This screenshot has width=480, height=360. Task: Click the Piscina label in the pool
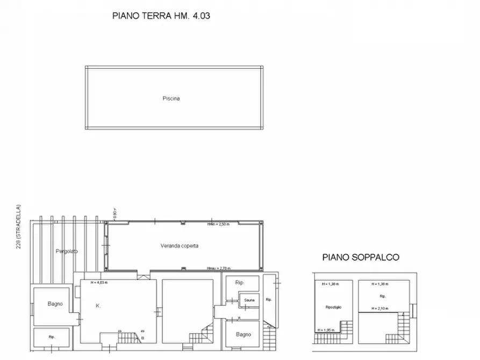(171, 98)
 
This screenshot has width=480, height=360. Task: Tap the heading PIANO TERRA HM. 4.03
(161, 16)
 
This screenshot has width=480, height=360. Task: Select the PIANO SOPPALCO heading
(361, 257)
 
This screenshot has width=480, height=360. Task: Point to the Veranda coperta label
(180, 246)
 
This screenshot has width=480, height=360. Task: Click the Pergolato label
(67, 251)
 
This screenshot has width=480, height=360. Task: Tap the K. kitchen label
(98, 305)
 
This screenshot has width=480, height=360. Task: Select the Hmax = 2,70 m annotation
(218, 268)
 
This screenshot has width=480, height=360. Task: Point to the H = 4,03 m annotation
(99, 283)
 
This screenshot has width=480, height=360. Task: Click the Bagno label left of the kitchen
(55, 304)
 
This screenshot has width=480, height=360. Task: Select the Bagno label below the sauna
(243, 335)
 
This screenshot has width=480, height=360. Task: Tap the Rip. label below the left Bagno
(52, 337)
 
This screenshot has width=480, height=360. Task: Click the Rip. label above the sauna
(240, 283)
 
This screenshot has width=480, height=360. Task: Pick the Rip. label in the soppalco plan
(383, 296)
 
